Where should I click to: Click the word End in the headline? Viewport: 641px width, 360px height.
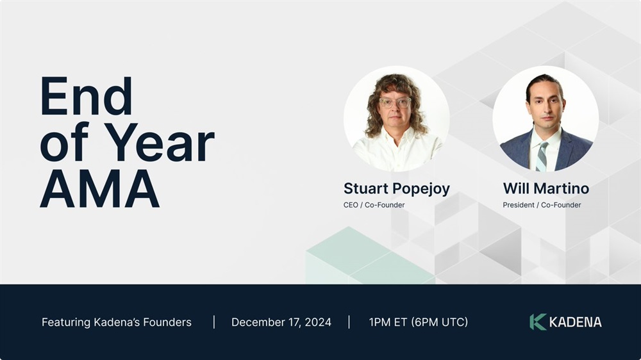[x=87, y=97]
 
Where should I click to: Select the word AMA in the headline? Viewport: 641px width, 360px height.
[x=99, y=188]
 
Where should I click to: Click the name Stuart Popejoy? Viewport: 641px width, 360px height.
[x=397, y=189]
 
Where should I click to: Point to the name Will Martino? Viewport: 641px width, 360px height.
[x=545, y=188]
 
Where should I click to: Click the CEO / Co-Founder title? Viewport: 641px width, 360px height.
[x=374, y=205]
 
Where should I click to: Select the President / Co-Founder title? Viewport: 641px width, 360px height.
[x=542, y=205]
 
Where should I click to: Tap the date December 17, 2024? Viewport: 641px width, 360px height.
[x=281, y=322]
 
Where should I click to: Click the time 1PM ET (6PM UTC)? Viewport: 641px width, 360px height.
[x=418, y=322]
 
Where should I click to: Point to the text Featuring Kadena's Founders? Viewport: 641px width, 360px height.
[x=117, y=322]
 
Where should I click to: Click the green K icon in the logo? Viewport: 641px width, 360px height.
[x=538, y=322]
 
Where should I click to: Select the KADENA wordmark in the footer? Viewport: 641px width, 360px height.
[x=575, y=322]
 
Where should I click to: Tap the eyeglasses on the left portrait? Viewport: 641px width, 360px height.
[x=395, y=102]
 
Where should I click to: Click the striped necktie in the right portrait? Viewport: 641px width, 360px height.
[x=542, y=156]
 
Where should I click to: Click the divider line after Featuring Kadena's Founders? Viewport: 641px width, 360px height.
[x=214, y=322]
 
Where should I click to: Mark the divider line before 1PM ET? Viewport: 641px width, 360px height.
[x=349, y=322]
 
